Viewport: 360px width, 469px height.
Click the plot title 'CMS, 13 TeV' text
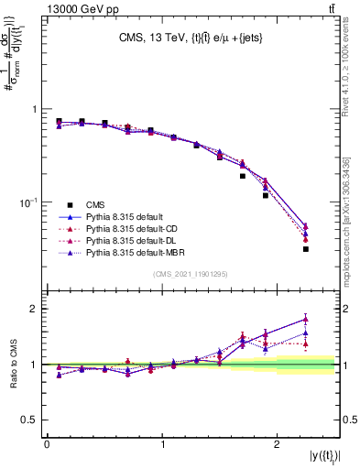point(149,38)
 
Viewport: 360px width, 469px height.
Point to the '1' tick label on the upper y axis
point(35,109)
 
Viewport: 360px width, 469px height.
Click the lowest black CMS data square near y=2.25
point(306,248)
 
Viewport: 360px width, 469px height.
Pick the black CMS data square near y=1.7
point(243,176)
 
